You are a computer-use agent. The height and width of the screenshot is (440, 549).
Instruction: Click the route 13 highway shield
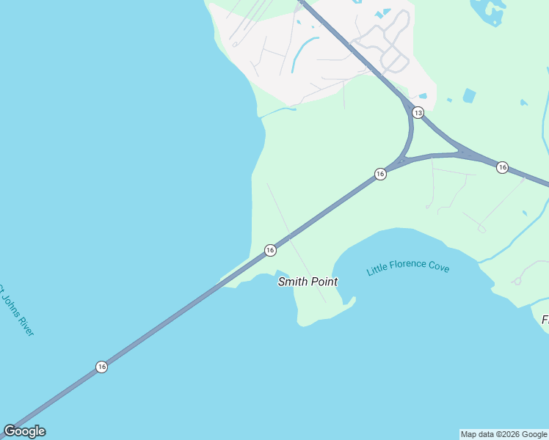coord(418,112)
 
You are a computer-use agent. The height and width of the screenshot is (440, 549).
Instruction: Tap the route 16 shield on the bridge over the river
coord(101,367)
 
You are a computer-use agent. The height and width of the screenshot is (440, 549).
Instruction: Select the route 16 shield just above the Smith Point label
coord(270,250)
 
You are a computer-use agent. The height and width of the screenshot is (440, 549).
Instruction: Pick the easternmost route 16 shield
coord(502,167)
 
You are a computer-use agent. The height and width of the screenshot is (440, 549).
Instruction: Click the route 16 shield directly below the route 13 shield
coord(379,174)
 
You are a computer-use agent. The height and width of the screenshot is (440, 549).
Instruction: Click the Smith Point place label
coord(308,282)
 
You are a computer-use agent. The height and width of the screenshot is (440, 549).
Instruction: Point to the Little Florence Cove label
coord(408,266)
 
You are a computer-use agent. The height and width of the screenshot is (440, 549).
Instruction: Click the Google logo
coord(24,431)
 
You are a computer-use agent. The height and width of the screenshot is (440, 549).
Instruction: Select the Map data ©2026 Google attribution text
coord(503,434)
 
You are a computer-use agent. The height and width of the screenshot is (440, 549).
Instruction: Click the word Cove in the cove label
coord(438,267)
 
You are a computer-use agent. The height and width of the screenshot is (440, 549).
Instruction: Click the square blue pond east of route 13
coord(469,95)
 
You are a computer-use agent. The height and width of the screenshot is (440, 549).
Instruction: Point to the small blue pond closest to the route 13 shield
coord(423,96)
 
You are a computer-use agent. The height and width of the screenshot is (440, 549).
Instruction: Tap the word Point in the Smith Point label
coord(324,282)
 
